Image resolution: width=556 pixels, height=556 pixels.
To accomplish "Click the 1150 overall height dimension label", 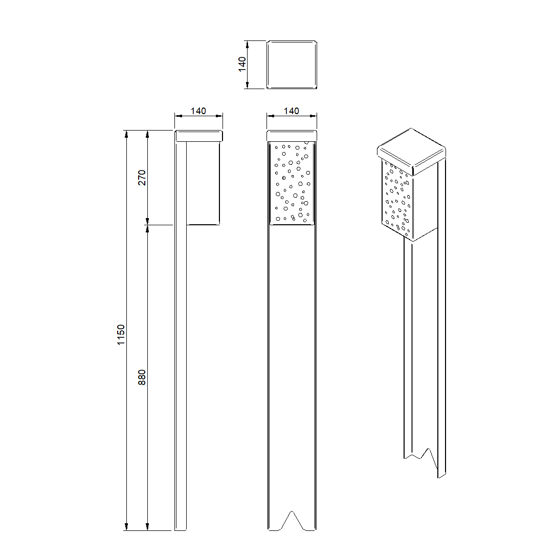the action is tap(121, 335).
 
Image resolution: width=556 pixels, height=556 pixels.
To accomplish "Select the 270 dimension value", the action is tap(142, 178).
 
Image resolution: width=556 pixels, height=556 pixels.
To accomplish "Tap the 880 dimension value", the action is tap(142, 377).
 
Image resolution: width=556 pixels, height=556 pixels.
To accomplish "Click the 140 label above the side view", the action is tap(198, 111).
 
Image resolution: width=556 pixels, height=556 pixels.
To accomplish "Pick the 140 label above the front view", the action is tap(292, 111).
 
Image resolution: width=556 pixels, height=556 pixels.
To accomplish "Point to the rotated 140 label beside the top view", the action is tap(242, 64).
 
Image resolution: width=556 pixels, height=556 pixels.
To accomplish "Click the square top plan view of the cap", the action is tap(292, 65).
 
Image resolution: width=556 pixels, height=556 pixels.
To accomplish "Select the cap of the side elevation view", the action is tap(198, 136).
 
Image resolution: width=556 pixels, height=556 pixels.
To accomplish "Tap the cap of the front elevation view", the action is tap(292, 136).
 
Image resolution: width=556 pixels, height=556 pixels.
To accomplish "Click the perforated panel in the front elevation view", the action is tap(292, 183).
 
